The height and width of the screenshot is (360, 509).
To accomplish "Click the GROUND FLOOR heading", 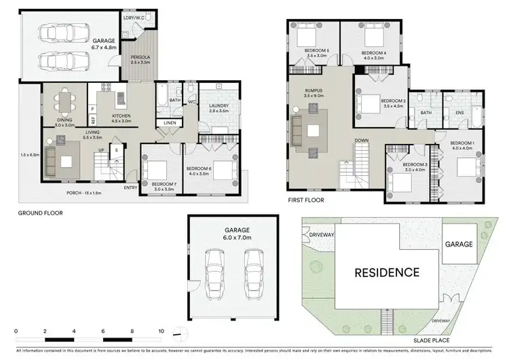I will (x=41, y=213).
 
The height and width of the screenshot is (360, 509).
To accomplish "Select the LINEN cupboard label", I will (x=169, y=123).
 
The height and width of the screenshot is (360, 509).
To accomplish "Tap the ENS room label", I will (x=459, y=113).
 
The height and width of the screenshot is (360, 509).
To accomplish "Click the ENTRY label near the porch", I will (x=131, y=188).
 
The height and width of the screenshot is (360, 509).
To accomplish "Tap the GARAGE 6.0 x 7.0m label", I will (x=233, y=234).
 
